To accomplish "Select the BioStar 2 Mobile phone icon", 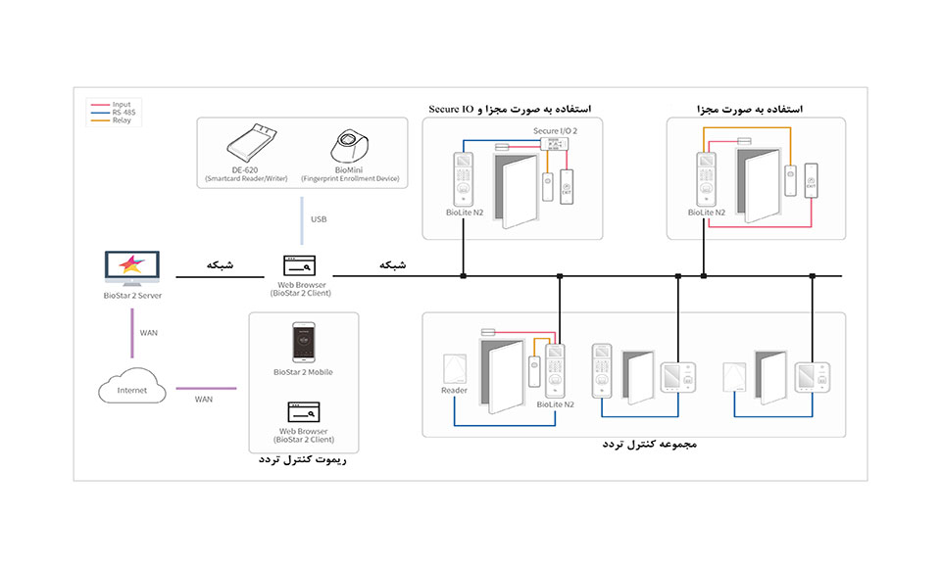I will point(303,344).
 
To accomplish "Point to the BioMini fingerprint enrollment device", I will point(351,145).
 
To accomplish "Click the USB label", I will point(319,219).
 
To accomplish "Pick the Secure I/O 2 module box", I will point(556,143).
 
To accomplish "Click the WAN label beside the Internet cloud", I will point(204,399).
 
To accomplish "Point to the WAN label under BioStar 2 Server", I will point(148,333).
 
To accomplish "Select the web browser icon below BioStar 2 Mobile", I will point(303,411).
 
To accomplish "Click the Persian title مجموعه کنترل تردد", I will point(649,446).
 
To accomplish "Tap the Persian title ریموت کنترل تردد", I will point(306,457).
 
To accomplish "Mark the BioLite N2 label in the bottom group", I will point(555,403).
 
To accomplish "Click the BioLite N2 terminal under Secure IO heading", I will point(462,176).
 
